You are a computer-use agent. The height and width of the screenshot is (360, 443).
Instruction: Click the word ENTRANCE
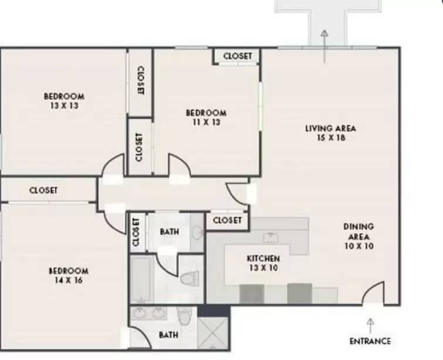(370, 341)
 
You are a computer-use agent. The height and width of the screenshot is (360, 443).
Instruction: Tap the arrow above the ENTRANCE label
(370, 326)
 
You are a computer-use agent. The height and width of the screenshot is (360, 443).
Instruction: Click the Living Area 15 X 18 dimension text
(331, 138)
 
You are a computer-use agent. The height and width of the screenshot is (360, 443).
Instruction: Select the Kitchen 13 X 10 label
(263, 263)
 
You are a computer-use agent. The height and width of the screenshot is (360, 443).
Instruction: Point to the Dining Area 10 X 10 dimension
(359, 246)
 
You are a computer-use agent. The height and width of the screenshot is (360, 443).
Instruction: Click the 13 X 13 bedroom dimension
(65, 106)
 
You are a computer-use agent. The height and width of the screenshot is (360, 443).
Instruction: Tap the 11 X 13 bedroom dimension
(207, 123)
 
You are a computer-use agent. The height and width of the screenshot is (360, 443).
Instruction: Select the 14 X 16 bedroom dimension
(69, 280)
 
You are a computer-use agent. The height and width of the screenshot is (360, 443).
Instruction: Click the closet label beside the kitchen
(228, 220)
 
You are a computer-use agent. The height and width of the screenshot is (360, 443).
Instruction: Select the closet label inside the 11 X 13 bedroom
(238, 56)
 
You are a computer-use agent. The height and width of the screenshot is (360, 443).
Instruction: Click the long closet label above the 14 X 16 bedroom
(43, 190)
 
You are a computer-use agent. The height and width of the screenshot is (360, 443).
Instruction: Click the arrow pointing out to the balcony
(324, 46)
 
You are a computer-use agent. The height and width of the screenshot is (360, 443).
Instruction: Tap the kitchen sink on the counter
(270, 238)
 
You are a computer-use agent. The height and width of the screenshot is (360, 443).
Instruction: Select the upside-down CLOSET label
(141, 80)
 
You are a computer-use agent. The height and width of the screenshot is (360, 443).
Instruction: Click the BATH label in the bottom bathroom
(168, 335)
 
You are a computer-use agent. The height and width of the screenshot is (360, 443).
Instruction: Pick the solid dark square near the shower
(214, 311)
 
